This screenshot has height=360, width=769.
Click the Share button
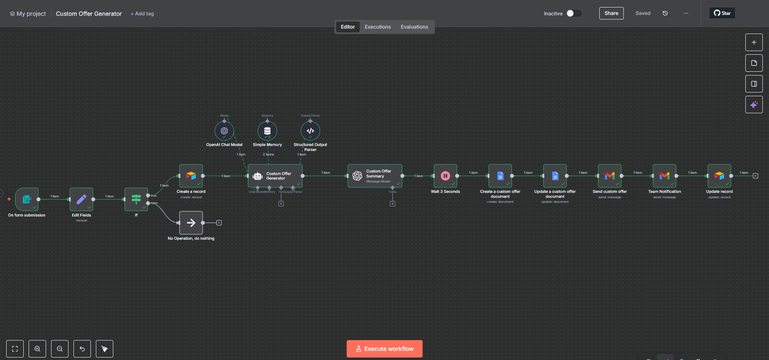pyautogui.click(x=611, y=13)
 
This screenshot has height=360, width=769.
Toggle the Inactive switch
pyautogui.click(x=574, y=13)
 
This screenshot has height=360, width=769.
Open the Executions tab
pyautogui.click(x=377, y=27)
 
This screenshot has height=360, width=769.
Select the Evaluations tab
pyautogui.click(x=414, y=27)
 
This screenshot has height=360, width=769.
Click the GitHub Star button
pyautogui.click(x=722, y=13)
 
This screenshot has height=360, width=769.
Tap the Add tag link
pyautogui.click(x=142, y=13)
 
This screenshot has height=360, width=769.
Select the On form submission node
pyautogui.click(x=27, y=199)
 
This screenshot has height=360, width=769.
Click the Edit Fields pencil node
pyautogui.click(x=81, y=199)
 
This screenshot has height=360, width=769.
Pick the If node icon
pyautogui.click(x=136, y=199)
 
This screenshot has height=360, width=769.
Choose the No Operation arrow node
pyautogui.click(x=190, y=223)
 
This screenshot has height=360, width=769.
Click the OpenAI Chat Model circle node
pyautogui.click(x=224, y=131)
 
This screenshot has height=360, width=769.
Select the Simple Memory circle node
pyautogui.click(x=267, y=131)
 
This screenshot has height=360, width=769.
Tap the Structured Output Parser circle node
pyautogui.click(x=310, y=131)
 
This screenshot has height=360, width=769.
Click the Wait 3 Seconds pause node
pyautogui.click(x=445, y=176)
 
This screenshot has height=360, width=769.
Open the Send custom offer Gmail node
pyautogui.click(x=609, y=176)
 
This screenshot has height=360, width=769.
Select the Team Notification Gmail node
pyautogui.click(x=664, y=176)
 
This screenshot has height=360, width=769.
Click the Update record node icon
pyautogui.click(x=719, y=176)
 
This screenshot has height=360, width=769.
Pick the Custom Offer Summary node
pyautogui.click(x=375, y=176)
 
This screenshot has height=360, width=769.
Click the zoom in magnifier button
pyautogui.click(x=38, y=348)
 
